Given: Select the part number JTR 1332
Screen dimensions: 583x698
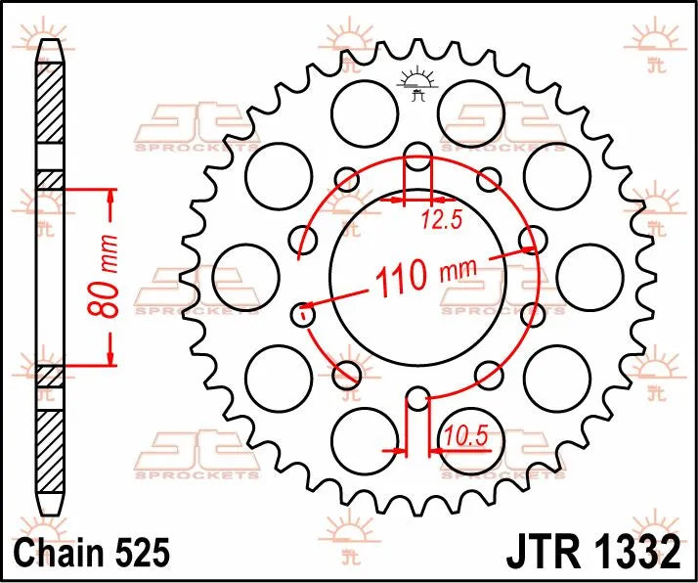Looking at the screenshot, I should point(592,553).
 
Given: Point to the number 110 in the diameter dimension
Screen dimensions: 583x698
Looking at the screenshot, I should point(399,280).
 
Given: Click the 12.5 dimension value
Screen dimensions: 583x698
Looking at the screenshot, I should point(443,221).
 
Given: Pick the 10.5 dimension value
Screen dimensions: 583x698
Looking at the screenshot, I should point(465,435).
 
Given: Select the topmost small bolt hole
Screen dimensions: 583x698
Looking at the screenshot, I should point(417,154).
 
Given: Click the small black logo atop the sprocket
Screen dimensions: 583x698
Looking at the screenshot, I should point(417,85).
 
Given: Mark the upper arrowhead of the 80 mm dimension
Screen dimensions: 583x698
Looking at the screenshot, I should point(110,199).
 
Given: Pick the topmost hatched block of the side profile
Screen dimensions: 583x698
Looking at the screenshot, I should point(49,112).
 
